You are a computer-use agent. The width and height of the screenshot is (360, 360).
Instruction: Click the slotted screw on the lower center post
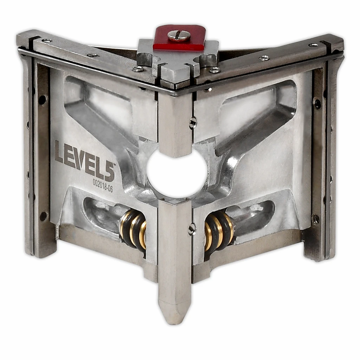pos(192,229)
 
